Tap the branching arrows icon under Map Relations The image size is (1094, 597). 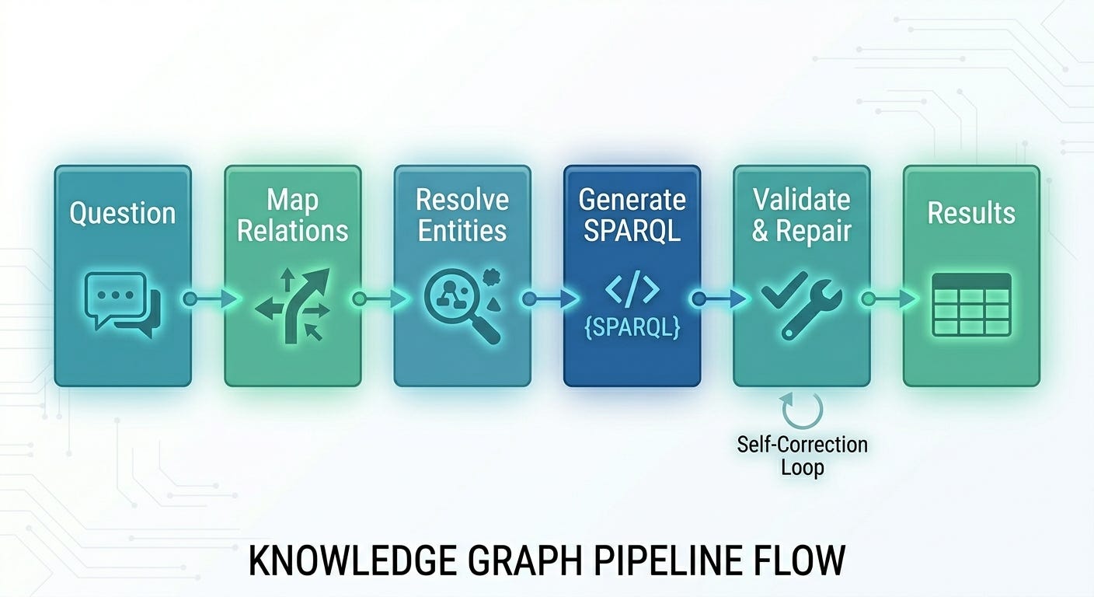point(292,305)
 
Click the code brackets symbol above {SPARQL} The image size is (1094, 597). point(632,290)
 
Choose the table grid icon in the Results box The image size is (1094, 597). point(971,304)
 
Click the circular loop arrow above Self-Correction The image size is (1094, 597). point(802,410)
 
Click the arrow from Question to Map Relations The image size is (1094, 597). point(208,298)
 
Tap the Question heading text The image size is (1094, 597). point(122,213)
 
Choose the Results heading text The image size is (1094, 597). point(971,213)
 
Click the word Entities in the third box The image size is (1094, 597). point(462,231)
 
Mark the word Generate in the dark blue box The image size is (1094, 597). point(632,200)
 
